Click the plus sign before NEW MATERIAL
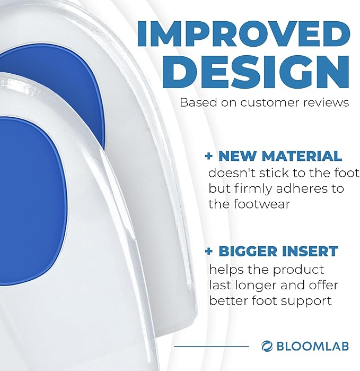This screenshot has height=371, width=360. click(209, 157)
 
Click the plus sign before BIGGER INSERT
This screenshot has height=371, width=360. click(209, 251)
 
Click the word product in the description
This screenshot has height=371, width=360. click(297, 270)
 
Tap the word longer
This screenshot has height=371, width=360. click(250, 286)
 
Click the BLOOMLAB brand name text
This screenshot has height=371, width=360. click(312, 346)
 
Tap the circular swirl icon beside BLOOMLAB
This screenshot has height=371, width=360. click(267, 346)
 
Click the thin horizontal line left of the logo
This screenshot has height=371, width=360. click(212, 347)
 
